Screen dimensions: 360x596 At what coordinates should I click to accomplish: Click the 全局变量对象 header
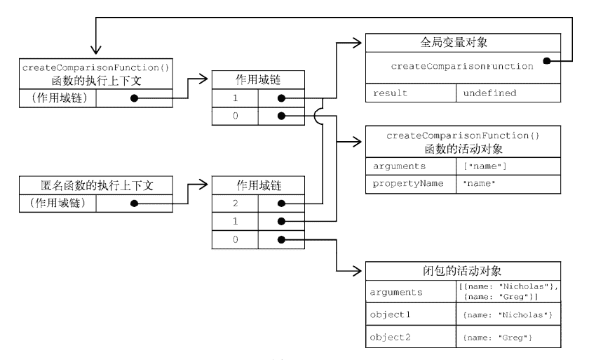(463, 42)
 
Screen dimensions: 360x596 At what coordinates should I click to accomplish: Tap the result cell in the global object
(410, 93)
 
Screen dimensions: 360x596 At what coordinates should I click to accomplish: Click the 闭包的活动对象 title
(463, 270)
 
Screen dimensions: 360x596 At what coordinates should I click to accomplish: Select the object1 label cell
(410, 314)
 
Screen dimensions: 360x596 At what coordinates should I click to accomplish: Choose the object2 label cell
(410, 338)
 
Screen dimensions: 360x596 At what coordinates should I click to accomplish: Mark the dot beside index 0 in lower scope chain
(281, 239)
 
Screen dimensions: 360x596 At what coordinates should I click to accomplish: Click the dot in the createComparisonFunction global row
(546, 61)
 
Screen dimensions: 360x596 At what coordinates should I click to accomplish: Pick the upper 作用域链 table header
(257, 80)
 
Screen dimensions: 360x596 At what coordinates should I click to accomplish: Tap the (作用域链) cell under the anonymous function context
(57, 204)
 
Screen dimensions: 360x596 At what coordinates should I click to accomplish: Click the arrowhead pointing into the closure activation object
(359, 271)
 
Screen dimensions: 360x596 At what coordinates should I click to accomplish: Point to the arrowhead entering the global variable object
(359, 42)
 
